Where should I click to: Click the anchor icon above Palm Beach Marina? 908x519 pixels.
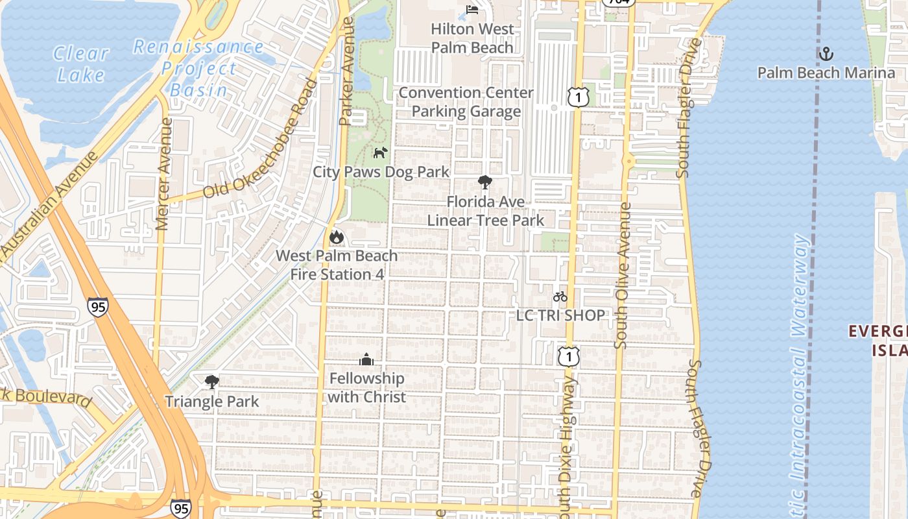[826, 54]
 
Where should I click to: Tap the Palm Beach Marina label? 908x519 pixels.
[826, 72]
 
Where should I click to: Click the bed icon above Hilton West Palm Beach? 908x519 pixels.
[472, 10]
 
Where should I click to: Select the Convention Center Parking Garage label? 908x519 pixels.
[466, 102]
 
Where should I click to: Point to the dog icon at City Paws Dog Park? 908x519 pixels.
[380, 153]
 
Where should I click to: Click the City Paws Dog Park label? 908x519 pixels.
[381, 172]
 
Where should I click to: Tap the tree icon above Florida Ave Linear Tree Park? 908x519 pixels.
[484, 182]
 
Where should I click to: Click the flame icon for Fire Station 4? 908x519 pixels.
[336, 237]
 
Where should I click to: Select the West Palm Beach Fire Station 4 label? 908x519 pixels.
[337, 265]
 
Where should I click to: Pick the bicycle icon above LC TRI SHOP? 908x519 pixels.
[560, 297]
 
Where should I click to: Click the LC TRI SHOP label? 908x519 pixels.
[560, 315]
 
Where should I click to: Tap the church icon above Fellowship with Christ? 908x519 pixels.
[366, 359]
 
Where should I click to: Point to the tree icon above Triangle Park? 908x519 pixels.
[211, 382]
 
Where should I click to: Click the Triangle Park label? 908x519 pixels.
[211, 401]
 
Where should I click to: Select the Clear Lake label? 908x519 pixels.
[81, 64]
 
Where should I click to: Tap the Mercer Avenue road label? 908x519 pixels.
[163, 174]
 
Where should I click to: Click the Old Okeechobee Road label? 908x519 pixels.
[263, 141]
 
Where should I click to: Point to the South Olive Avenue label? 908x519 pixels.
[623, 275]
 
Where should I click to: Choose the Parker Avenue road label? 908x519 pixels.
[347, 71]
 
